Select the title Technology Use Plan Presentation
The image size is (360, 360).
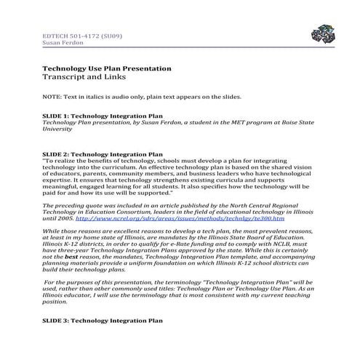(107, 68)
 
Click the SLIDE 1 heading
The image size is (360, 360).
(103, 116)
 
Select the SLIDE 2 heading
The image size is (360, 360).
(103, 155)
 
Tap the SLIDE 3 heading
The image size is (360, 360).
(103, 320)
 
